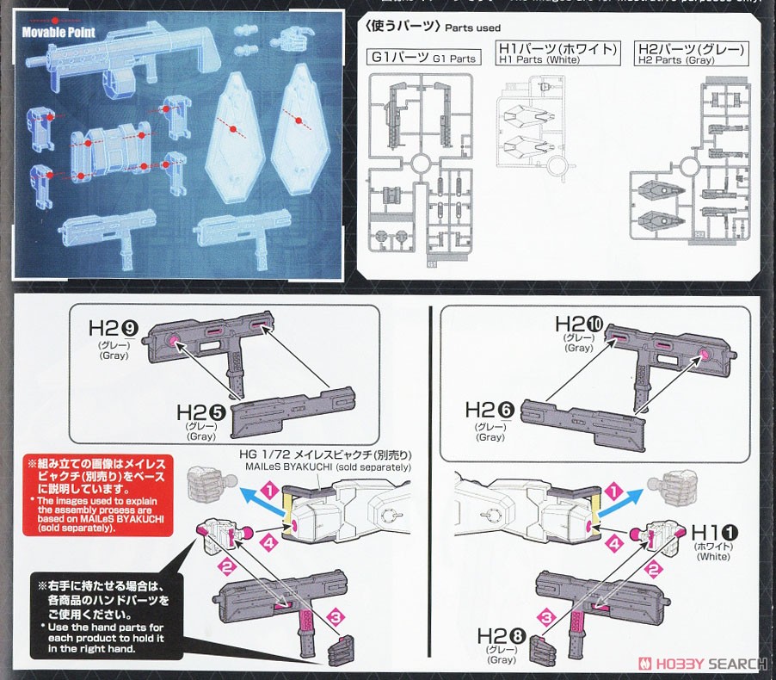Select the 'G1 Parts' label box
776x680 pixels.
[422, 59]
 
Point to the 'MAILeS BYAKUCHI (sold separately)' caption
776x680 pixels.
[329, 467]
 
